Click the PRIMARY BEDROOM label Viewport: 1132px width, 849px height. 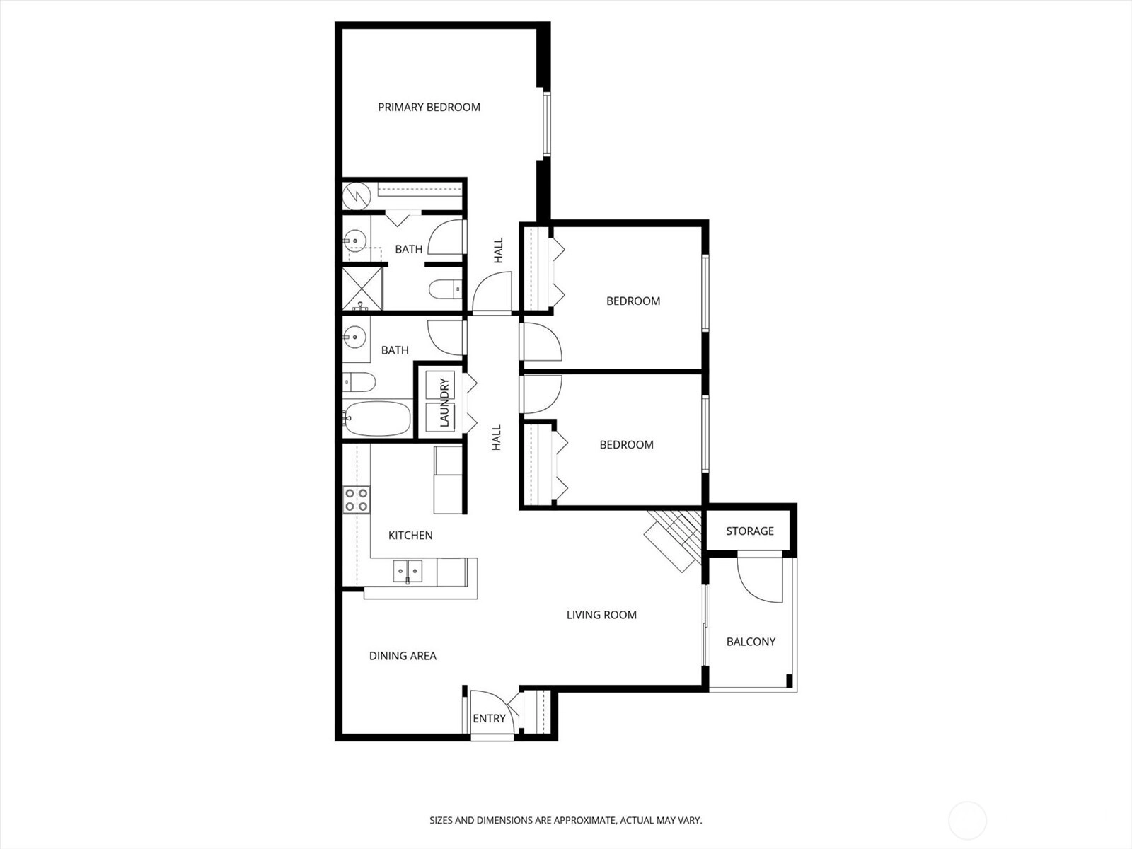coord(429,108)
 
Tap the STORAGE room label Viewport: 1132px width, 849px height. coord(750,531)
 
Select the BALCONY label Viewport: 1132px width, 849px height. coord(751,642)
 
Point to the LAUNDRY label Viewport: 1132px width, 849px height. coord(444,403)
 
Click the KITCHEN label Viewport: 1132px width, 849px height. coord(410,536)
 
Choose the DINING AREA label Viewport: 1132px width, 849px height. coord(403,657)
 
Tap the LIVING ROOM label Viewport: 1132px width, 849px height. coord(602,615)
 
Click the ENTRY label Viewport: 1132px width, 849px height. coord(490,719)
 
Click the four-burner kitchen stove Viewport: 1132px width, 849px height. coord(357,499)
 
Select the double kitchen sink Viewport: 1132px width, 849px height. coord(408,571)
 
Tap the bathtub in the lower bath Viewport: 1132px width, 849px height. coord(378,419)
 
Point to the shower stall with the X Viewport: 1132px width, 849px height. coord(362,289)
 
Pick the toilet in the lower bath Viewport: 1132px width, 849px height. coord(359,383)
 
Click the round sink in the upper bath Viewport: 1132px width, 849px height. coord(355,241)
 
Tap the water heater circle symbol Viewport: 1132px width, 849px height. coord(357,195)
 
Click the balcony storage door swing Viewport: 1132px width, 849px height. coord(760,577)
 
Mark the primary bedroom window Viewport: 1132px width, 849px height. coord(547,124)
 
